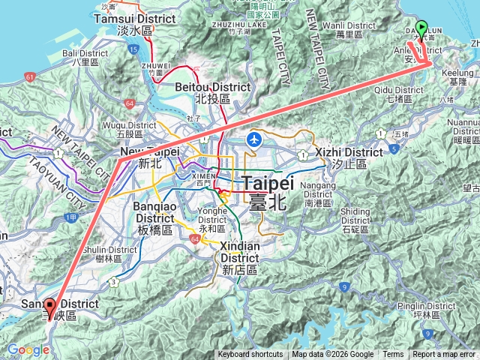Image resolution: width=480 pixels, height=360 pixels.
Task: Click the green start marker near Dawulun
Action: pyautogui.click(x=421, y=27)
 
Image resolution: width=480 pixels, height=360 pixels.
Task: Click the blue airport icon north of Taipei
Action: pyautogui.click(x=255, y=139)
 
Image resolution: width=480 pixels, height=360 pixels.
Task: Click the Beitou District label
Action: pyautogui.click(x=201, y=93)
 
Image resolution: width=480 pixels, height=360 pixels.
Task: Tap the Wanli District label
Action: pyautogui.click(x=343, y=30)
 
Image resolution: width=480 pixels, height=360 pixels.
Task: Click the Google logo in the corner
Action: pyautogui.click(x=28, y=349)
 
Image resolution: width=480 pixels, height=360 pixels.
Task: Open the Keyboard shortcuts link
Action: pyautogui.click(x=250, y=355)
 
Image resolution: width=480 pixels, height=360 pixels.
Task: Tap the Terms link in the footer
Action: pyautogui.click(x=393, y=355)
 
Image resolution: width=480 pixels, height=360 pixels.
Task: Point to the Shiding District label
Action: pyautogui.click(x=355, y=216)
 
